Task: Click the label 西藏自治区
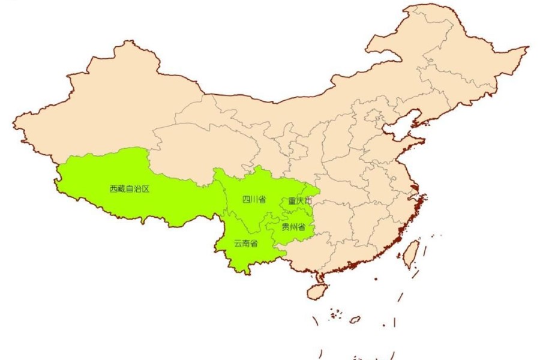[129, 188]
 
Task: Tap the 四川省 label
[254, 199]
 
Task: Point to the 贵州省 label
[293, 227]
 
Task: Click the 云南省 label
[245, 243]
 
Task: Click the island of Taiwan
[410, 254]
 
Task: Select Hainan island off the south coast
[316, 292]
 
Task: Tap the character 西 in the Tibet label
[113, 188]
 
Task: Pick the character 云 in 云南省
[238, 243]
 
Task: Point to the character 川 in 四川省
[254, 199]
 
